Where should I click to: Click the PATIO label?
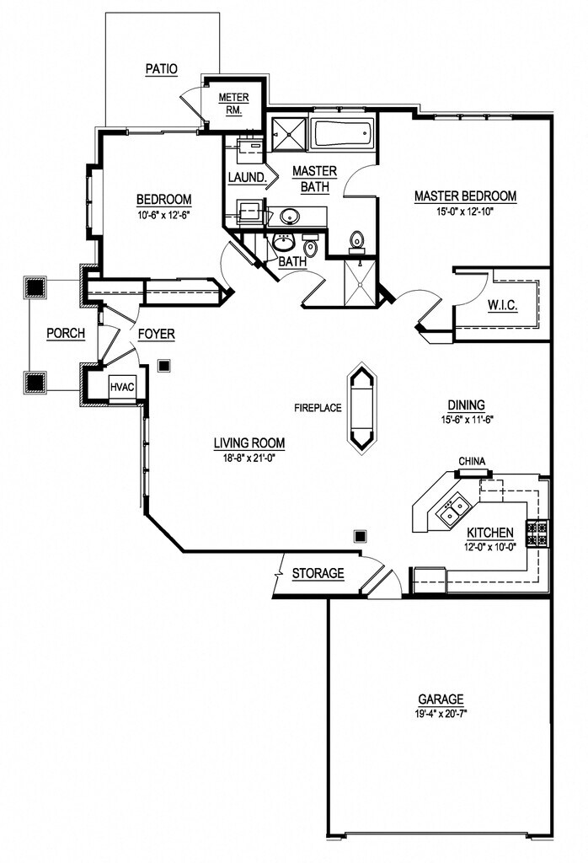[161, 69]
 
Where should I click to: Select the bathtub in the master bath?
[342, 134]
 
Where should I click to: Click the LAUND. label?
[248, 178]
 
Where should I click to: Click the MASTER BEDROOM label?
[465, 196]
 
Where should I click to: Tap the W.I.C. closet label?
[502, 305]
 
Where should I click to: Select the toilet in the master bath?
[357, 242]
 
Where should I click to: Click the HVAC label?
[122, 387]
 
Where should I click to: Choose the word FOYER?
[156, 334]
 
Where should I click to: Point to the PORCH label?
[66, 334]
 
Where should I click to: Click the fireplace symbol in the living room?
[362, 408]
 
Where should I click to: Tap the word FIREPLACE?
[318, 408]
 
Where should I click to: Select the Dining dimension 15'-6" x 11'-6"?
[466, 420]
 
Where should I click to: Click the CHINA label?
[472, 461]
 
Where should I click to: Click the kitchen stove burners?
[537, 533]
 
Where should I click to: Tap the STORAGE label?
[318, 573]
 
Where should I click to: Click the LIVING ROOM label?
[249, 442]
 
